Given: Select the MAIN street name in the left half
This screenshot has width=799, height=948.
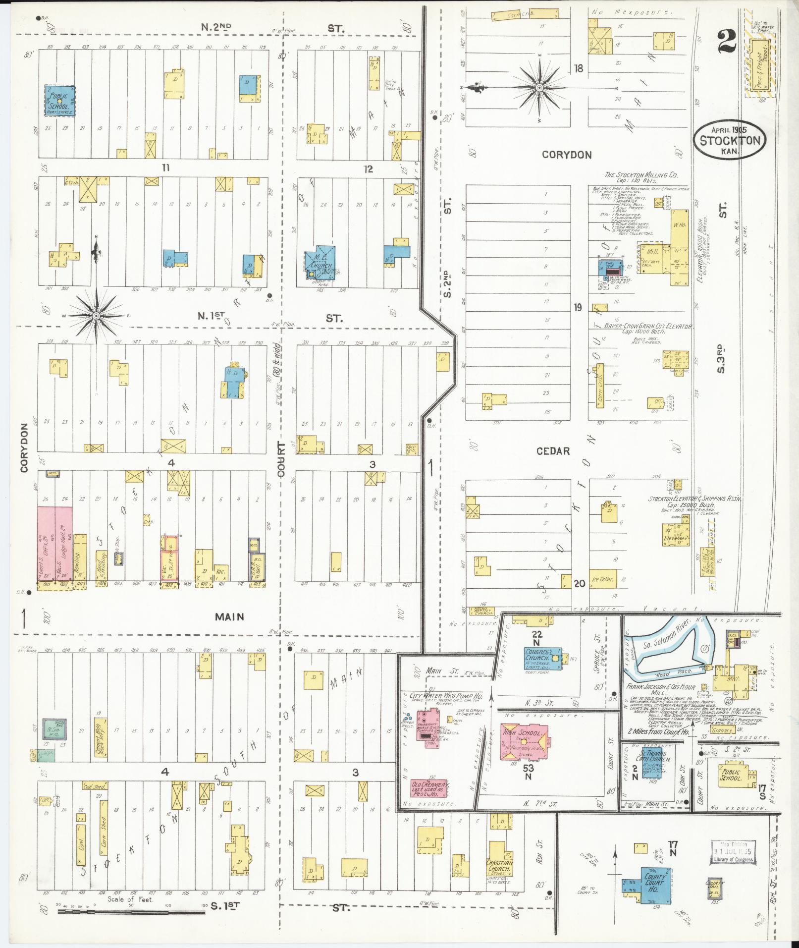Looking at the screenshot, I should click(229, 616).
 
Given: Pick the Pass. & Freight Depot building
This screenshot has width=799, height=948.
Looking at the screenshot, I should click(759, 65).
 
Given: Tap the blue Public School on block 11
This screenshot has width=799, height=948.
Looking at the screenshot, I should click(60, 101).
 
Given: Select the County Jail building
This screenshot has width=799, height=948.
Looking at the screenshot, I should click(715, 887).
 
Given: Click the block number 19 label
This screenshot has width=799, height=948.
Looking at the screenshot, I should click(577, 308).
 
